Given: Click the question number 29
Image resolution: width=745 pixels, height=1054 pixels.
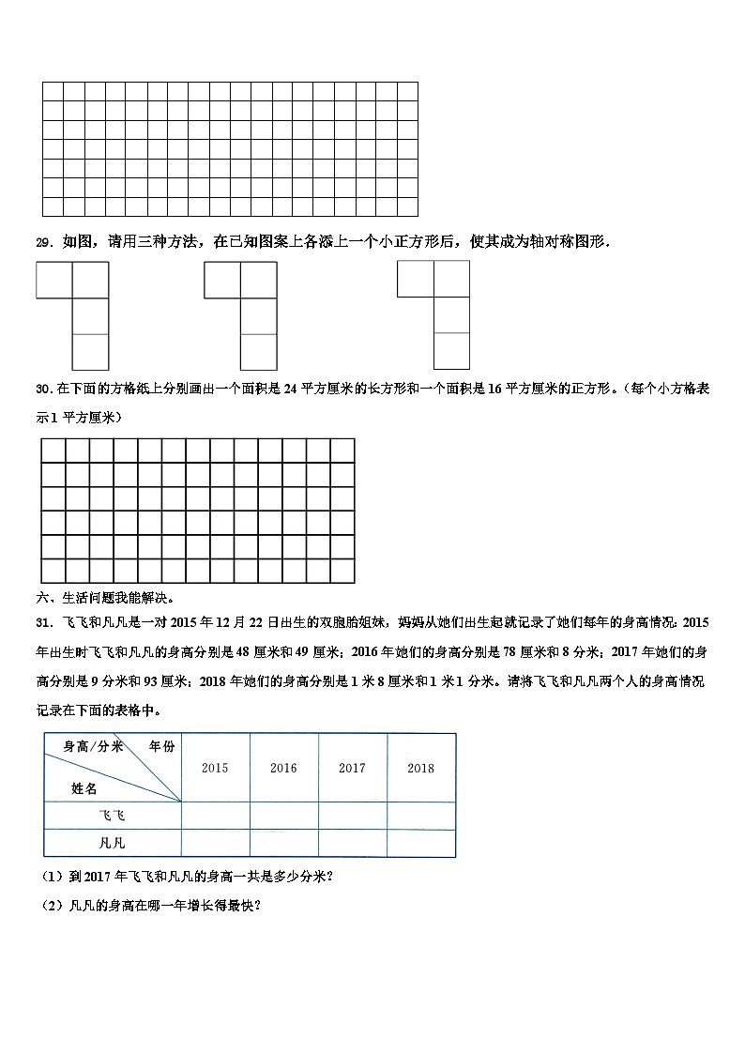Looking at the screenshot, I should [x=43, y=242].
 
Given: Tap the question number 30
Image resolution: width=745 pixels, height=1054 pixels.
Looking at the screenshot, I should [x=42, y=390].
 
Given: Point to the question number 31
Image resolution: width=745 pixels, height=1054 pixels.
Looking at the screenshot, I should [x=42, y=622].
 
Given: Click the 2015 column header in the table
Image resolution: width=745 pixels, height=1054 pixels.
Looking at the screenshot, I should [x=215, y=768].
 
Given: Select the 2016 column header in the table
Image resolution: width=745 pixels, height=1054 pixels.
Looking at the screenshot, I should [x=283, y=768].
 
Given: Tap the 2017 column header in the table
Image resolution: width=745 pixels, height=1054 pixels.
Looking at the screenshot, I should [x=352, y=768].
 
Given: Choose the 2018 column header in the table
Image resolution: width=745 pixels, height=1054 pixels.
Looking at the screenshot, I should [x=420, y=768].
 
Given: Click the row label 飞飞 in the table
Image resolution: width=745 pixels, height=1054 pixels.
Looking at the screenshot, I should [x=112, y=817].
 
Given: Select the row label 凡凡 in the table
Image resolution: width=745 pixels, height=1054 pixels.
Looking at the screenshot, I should [x=112, y=843].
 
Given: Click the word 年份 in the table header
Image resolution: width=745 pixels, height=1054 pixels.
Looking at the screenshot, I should [x=161, y=747].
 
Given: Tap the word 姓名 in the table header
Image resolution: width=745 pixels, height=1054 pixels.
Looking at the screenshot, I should [x=84, y=788].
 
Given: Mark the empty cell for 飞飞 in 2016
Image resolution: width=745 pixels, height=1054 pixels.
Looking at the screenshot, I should [x=283, y=817].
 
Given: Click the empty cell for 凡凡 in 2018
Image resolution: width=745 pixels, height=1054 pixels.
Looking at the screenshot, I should [x=420, y=843].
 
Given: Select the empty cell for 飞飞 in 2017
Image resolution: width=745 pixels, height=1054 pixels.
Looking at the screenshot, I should [x=352, y=817].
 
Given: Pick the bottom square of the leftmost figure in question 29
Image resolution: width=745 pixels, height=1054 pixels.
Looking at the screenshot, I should [x=90, y=351].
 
